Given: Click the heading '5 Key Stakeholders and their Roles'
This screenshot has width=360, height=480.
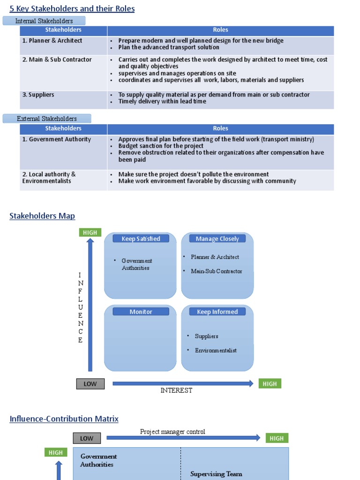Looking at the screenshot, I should point(72,8).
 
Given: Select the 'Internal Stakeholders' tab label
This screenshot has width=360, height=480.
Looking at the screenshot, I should point(44,21).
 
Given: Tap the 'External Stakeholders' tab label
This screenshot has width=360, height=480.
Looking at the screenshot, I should point(47,119).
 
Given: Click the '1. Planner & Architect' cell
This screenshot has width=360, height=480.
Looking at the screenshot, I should point(52,41).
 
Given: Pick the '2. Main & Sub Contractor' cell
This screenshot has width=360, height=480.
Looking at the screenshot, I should point(57,60).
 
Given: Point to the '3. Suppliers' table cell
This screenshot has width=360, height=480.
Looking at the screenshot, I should point(38,95).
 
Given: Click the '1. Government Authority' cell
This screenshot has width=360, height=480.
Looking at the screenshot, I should point(56,139).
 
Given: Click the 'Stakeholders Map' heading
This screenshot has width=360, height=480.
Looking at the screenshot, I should point(42,216).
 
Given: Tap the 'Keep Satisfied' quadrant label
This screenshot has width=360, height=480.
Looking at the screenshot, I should point(141,239).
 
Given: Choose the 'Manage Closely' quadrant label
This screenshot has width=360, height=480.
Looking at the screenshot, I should point(217,239).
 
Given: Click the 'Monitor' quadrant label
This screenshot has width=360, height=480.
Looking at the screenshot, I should point(141,312).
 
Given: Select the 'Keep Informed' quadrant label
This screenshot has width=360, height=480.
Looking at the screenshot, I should point(217,312).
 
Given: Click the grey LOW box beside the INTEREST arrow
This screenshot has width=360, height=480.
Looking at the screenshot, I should point(90,383).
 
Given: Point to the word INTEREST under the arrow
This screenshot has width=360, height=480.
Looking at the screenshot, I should point(176,390).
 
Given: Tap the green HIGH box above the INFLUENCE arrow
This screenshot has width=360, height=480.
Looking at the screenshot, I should point(90,232).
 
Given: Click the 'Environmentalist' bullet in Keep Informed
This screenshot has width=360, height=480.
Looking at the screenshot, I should point(216,350).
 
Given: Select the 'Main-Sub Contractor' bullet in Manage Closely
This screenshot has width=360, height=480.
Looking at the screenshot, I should point(216,271).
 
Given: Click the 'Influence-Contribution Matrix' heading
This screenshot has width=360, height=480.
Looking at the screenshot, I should point(64,419).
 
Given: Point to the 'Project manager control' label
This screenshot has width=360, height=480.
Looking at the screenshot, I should point(172,432).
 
